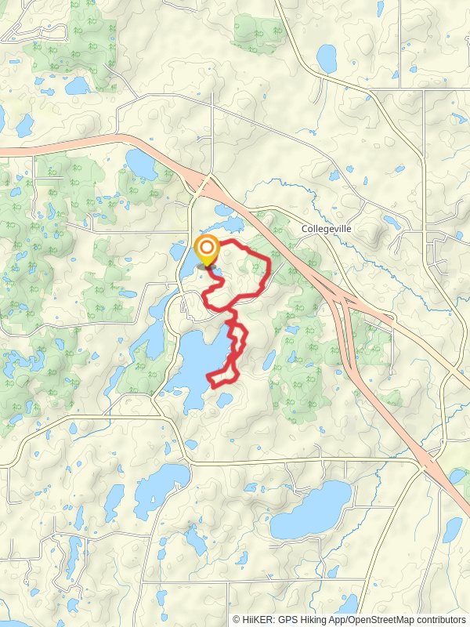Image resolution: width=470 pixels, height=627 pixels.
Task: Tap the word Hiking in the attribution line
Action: click(324, 619)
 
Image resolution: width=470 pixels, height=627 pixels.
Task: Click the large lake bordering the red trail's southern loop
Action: click(192, 361)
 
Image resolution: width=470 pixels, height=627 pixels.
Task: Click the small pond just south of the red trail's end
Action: click(225, 400)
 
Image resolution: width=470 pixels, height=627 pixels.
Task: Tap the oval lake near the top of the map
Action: click(326, 57)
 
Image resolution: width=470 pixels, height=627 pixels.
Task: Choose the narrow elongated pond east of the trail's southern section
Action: click(269, 360)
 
